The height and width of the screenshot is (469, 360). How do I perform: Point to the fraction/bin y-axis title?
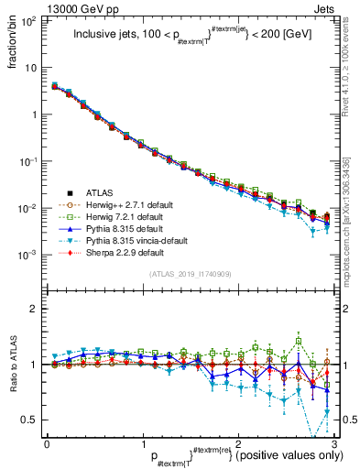coord(12,40)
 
